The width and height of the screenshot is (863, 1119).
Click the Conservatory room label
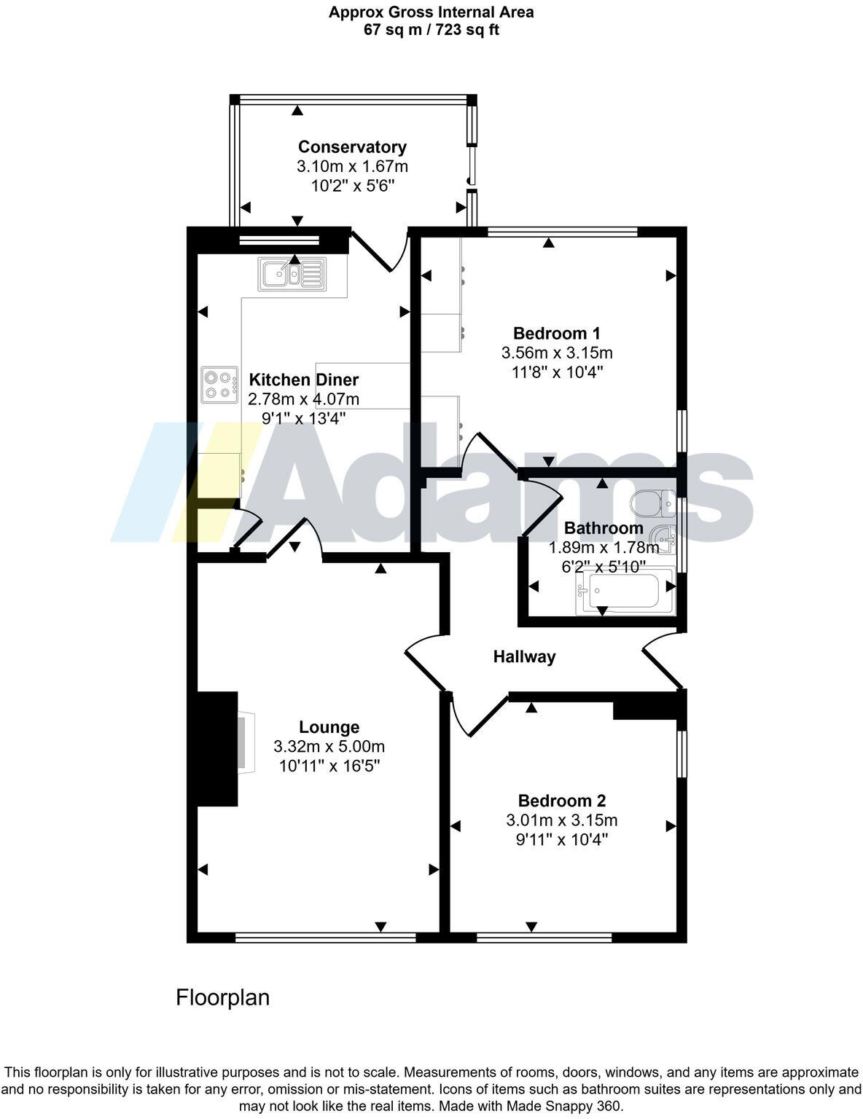tap(352, 146)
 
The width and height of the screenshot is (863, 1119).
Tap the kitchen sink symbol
tap(291, 275)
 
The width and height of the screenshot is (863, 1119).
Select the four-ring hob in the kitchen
tap(220, 384)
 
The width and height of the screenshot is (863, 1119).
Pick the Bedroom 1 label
tap(557, 334)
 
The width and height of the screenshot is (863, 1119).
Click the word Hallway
tap(524, 656)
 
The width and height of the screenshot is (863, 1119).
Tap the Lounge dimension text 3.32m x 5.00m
tap(329, 746)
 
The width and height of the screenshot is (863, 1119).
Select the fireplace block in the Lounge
tap(217, 748)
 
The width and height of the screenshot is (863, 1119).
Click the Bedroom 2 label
tap(561, 801)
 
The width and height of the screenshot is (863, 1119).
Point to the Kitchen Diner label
tap(304, 380)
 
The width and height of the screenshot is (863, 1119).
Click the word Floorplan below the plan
tap(222, 997)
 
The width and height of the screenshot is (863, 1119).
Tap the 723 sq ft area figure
tap(468, 30)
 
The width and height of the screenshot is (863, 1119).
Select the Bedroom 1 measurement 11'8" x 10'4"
tap(557, 372)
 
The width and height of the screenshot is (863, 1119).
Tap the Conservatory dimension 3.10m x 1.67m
tap(352, 166)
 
